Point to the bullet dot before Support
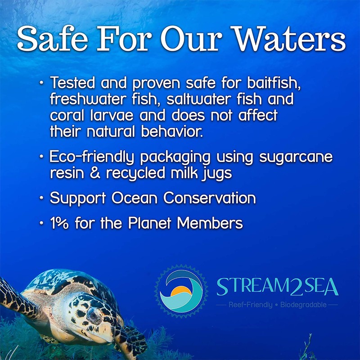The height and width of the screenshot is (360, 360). [x=41, y=198]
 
